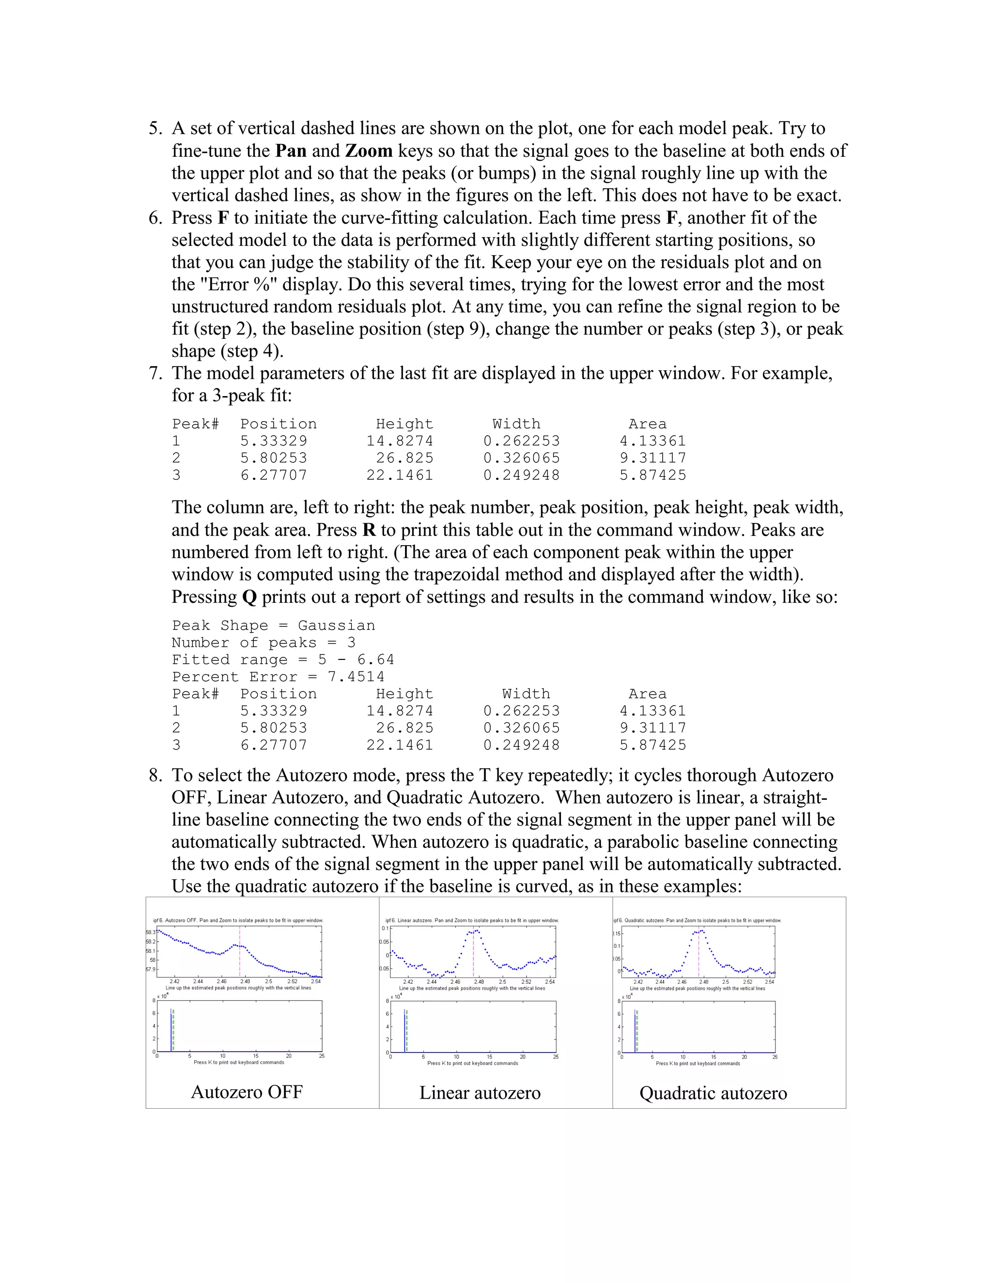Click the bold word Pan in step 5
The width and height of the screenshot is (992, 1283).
(291, 151)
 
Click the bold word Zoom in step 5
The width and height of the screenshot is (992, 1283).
(369, 151)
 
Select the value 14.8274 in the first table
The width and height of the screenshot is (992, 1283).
(400, 441)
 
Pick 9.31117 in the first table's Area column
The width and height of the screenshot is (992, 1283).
(652, 458)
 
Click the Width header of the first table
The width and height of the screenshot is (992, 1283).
(516, 424)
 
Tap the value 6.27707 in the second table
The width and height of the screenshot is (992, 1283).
(273, 746)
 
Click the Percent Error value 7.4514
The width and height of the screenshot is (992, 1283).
(356, 677)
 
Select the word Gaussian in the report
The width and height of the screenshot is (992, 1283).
(336, 626)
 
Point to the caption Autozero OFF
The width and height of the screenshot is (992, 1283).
(247, 1092)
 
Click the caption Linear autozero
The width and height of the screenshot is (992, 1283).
(480, 1093)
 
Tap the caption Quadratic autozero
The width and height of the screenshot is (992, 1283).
(713, 1093)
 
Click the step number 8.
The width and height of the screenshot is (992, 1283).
(155, 776)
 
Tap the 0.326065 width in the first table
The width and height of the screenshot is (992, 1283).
(521, 458)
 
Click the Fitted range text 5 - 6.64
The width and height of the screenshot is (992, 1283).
(356, 660)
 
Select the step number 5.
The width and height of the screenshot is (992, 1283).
(155, 129)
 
